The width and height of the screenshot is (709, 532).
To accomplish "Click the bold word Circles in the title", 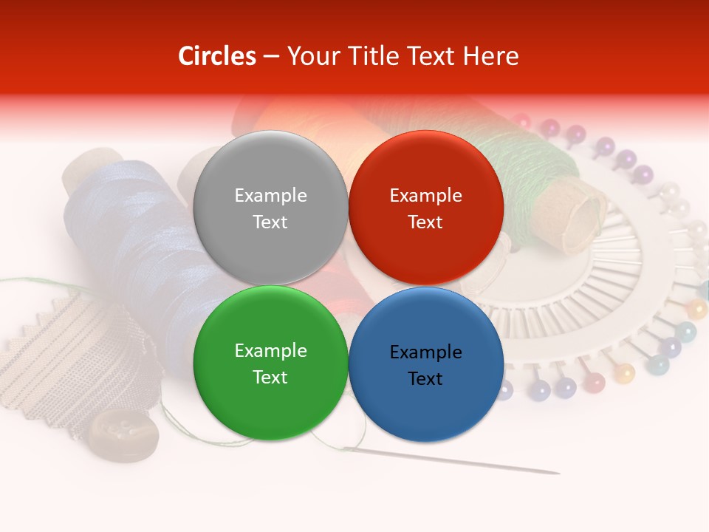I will click(217, 56).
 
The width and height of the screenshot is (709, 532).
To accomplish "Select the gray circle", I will click(270, 208).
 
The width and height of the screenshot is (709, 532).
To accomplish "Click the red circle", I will click(425, 208).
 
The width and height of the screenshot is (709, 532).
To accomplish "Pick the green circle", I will click(270, 363).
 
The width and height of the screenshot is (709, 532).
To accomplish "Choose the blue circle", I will click(425, 364).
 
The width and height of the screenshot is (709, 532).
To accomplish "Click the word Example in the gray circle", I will click(270, 195).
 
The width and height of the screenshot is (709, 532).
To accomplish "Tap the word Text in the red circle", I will click(425, 222).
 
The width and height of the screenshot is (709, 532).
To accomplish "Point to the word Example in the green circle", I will click(270, 350).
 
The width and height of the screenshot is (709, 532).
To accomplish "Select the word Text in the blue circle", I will click(425, 378).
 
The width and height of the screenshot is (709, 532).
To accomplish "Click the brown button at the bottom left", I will click(123, 435).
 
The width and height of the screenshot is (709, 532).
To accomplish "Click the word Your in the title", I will click(309, 56).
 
